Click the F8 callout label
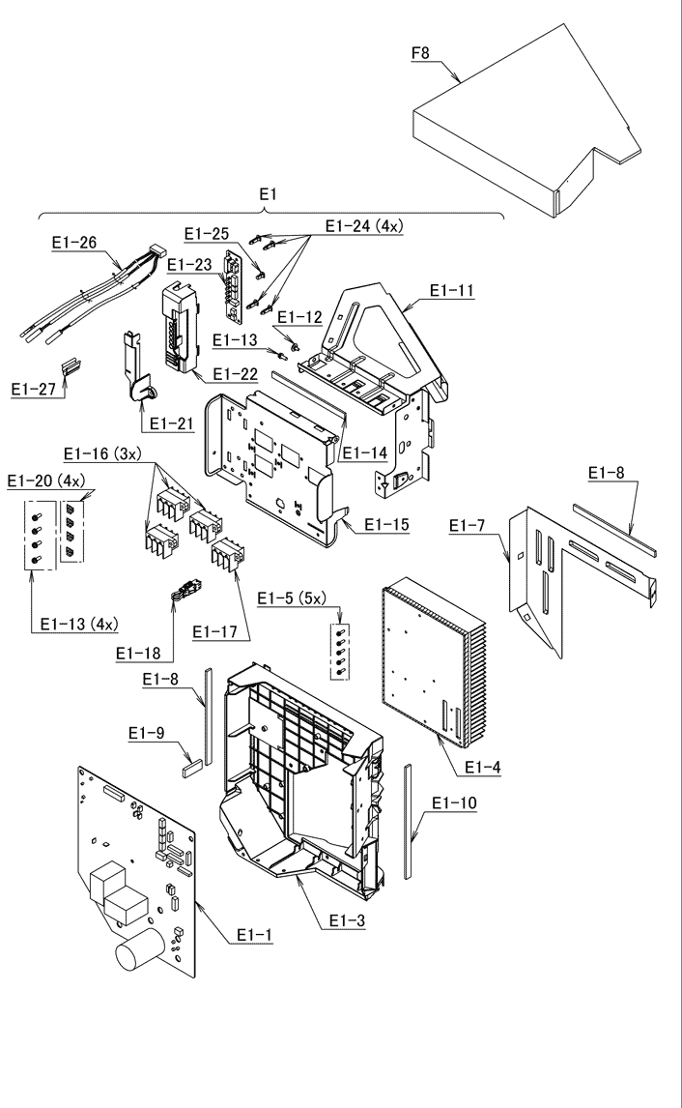(420, 52)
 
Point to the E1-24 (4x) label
(365, 226)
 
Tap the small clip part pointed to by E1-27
(71, 366)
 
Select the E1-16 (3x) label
(101, 452)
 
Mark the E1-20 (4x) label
(43, 481)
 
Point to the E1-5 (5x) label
(296, 598)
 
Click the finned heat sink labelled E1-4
(435, 667)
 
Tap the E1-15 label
(386, 525)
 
